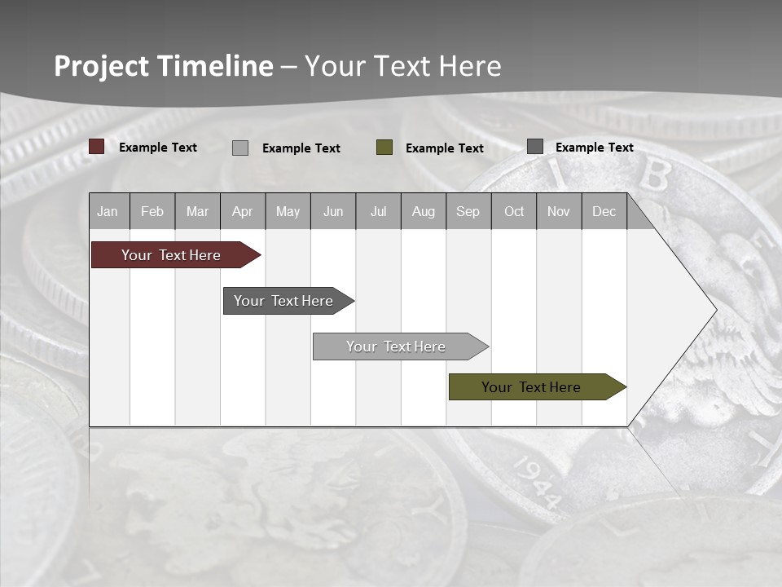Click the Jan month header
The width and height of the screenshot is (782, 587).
point(108,212)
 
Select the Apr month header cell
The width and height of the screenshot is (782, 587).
point(242,212)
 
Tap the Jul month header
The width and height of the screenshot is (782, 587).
point(378,212)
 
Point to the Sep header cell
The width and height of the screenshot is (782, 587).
point(468,212)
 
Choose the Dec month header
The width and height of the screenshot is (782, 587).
point(604,212)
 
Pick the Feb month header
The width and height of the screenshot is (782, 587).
point(152,212)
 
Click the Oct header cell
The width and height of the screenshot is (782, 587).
point(514,212)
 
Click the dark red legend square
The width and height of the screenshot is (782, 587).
point(97,147)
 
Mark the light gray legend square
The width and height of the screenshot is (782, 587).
point(240,148)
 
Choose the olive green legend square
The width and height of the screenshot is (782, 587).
point(384,148)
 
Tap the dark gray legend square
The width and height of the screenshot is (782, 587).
point(535,147)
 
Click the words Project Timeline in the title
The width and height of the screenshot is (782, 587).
point(164,66)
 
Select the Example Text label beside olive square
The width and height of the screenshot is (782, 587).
point(445,148)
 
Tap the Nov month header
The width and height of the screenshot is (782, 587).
point(559,212)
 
